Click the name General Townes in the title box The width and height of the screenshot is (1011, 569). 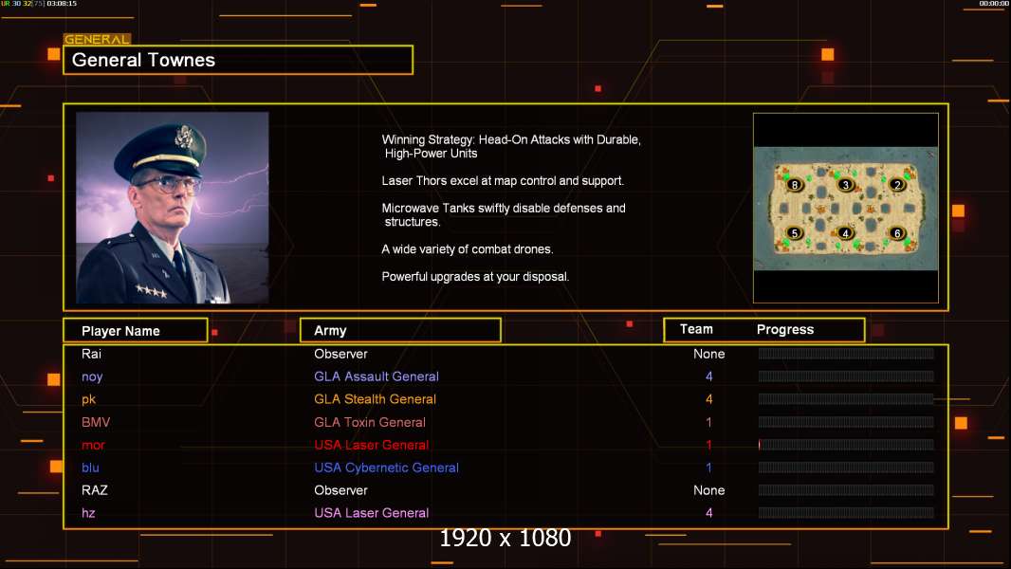click(x=144, y=60)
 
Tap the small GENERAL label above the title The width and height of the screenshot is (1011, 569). click(x=96, y=40)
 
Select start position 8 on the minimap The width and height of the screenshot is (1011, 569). click(x=795, y=184)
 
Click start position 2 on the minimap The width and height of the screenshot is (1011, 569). click(x=897, y=184)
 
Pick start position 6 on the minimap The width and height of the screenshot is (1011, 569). click(x=897, y=232)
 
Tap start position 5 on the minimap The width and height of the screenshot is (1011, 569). click(x=795, y=232)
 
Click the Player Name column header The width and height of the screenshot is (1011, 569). click(x=120, y=331)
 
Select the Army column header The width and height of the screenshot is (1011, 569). click(x=330, y=331)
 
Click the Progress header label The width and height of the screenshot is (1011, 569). click(x=785, y=330)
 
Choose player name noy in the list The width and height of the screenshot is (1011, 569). click(x=92, y=376)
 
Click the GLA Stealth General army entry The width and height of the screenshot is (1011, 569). click(x=376, y=399)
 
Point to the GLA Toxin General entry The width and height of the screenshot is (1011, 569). click(x=370, y=422)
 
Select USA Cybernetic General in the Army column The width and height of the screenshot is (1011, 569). click(x=387, y=468)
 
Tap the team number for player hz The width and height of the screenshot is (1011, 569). click(x=709, y=513)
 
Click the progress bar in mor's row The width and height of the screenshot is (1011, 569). click(x=846, y=445)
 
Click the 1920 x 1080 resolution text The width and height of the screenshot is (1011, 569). click(x=505, y=538)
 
